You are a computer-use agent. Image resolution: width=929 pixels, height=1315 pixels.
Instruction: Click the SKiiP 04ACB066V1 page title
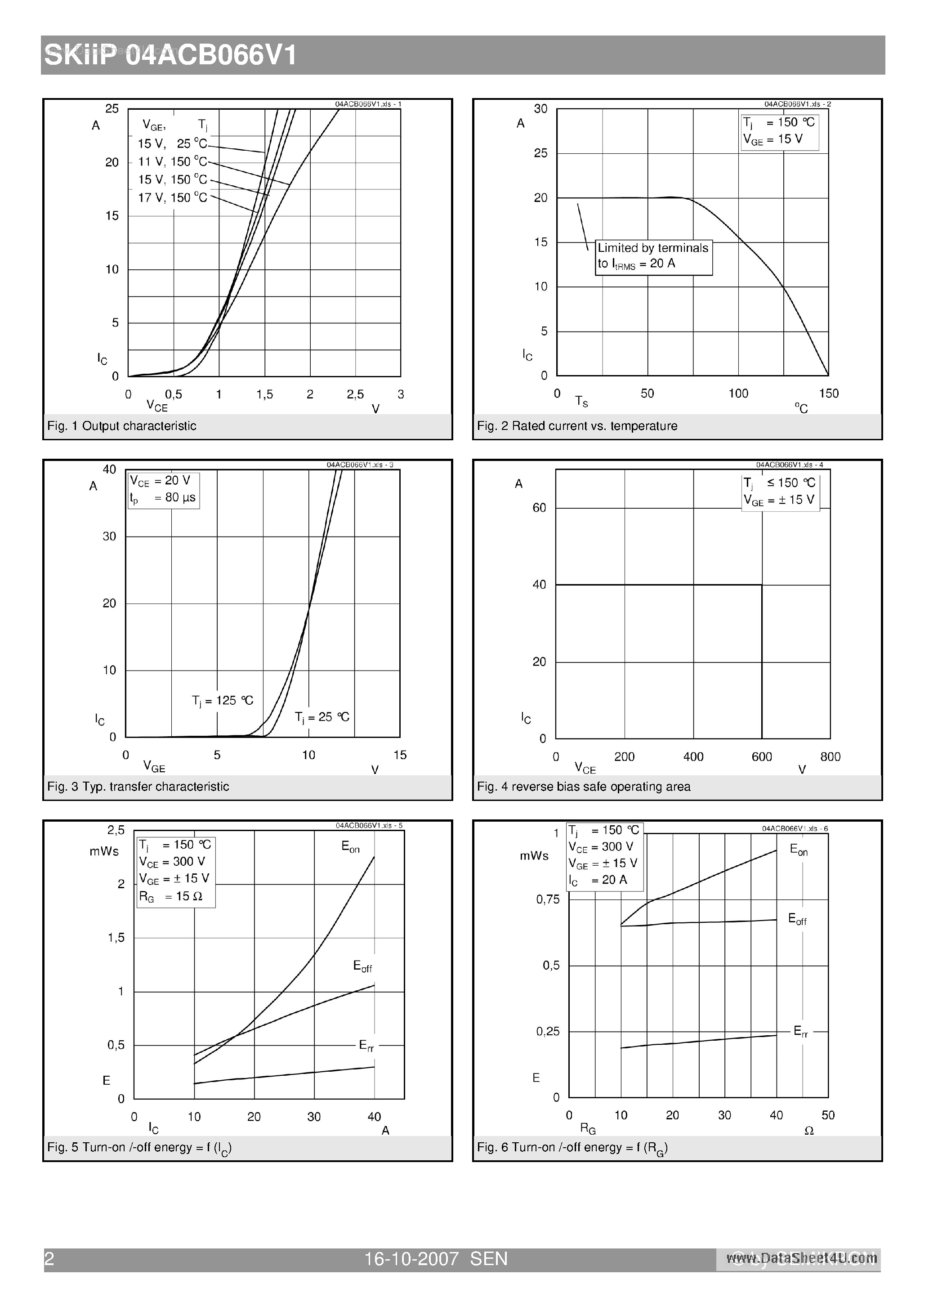point(171,56)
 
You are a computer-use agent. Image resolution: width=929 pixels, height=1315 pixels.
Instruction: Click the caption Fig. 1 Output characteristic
point(121,426)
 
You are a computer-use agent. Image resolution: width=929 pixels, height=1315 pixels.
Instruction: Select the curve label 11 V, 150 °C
point(172,161)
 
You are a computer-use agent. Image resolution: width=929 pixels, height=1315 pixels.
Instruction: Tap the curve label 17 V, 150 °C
point(172,197)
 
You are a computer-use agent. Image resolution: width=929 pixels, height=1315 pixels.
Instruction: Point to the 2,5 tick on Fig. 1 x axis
point(355,394)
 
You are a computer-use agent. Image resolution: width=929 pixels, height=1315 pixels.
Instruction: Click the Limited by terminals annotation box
point(653,257)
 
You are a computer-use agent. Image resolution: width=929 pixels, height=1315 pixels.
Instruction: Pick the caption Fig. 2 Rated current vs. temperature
point(577,426)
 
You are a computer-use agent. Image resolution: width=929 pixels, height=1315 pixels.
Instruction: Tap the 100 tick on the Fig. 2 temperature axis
point(738,394)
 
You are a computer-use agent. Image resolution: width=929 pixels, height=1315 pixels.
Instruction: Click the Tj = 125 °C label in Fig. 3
point(222,701)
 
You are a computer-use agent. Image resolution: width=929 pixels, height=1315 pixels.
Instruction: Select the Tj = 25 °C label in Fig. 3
point(322,717)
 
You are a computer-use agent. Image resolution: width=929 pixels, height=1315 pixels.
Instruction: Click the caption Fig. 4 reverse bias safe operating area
point(584,787)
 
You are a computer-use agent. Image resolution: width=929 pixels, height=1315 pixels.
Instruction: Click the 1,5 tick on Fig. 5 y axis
point(116,938)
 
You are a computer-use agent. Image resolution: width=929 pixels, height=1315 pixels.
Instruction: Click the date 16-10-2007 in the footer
point(411,1259)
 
